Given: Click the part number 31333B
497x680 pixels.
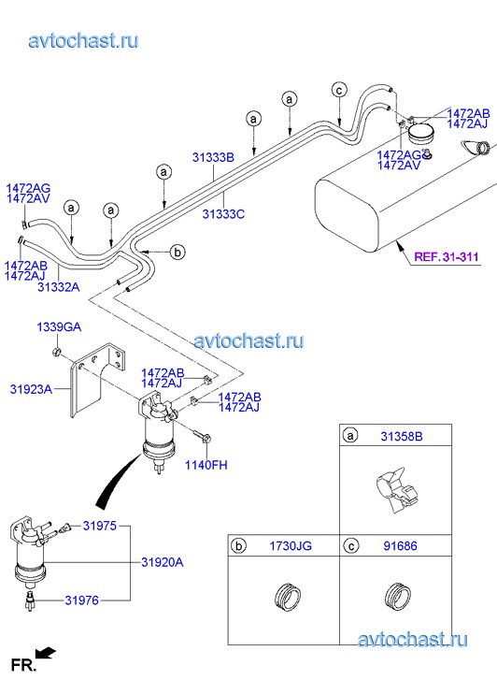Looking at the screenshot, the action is point(213,157).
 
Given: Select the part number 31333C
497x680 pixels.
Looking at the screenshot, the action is point(223,214).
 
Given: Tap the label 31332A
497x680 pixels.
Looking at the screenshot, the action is point(59,286).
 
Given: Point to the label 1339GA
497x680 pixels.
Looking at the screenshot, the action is point(59,326).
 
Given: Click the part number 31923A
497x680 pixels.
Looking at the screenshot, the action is point(31,389).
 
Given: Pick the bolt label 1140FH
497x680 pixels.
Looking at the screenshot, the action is point(206,465).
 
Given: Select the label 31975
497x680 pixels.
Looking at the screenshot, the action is point(100,526).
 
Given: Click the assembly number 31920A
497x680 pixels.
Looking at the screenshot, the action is point(163,562).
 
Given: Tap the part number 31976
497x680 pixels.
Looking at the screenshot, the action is point(82,600).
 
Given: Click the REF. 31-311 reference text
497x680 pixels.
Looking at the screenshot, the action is point(447,256).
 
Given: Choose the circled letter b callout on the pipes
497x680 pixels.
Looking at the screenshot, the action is point(177,252).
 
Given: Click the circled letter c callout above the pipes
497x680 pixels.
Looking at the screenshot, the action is point(339,90).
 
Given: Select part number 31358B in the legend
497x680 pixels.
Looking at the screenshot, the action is point(402,436).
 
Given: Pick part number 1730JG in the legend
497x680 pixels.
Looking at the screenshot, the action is point(291,545).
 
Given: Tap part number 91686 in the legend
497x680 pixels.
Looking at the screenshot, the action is point(401,545).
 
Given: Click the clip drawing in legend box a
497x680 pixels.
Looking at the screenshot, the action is point(397,490).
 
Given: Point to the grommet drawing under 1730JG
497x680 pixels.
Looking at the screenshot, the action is point(288,597).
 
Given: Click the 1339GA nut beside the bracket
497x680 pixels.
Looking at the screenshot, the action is point(56,352).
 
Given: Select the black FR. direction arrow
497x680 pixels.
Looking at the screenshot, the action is point(46,652).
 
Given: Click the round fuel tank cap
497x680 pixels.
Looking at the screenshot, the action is point(421,133).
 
